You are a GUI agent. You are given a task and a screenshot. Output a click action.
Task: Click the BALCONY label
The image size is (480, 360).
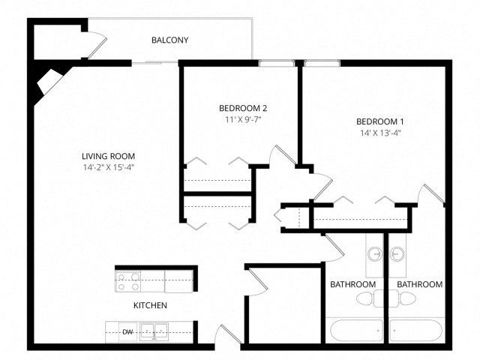click(169, 40)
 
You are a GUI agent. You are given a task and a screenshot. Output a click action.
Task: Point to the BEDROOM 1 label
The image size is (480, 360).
click(379, 122)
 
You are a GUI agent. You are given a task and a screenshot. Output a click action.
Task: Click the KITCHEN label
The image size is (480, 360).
click(150, 305)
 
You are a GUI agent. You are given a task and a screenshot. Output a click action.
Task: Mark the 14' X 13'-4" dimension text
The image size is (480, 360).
click(380, 133)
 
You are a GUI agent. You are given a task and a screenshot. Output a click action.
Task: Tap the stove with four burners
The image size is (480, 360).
click(128, 281)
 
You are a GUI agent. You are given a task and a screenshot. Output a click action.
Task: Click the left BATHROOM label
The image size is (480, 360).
click(352, 285)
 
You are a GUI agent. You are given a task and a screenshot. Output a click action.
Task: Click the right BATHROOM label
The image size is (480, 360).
click(418, 285)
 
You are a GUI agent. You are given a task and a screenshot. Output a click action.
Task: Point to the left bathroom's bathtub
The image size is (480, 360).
click(355, 329)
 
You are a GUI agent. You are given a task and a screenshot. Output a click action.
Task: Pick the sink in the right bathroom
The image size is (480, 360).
click(397, 251)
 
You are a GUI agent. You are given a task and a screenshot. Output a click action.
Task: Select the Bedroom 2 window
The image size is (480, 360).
click(277, 63)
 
